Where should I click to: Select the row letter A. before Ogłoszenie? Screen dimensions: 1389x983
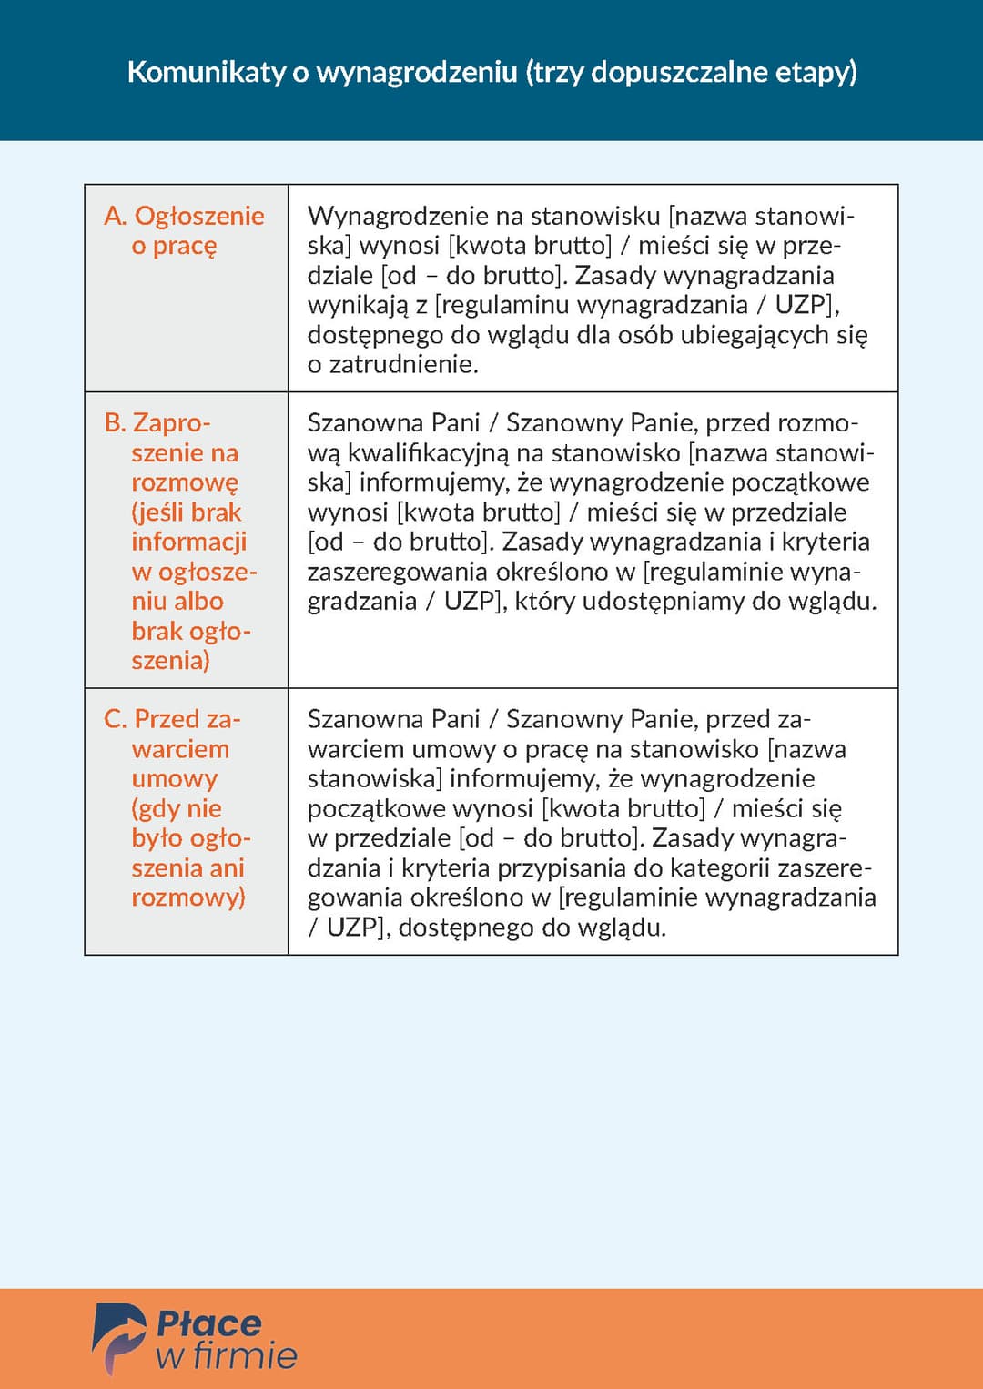point(115,216)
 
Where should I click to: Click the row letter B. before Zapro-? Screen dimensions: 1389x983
point(115,423)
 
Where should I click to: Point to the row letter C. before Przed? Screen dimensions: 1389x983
point(115,719)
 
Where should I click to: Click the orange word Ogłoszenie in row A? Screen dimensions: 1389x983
point(199,216)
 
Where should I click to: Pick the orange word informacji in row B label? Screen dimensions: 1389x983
point(189,542)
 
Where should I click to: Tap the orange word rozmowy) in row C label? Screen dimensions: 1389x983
point(188,897)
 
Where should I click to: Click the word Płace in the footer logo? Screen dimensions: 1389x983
point(209,1323)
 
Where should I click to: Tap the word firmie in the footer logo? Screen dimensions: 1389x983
point(245,1356)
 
